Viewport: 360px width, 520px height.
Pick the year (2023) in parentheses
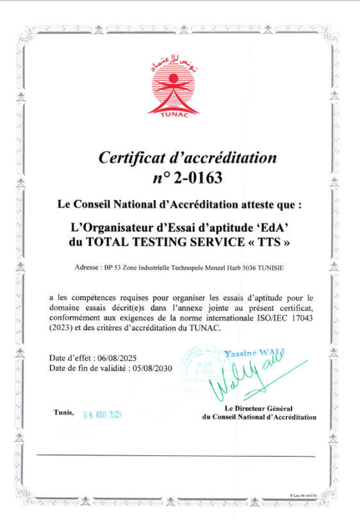click(x=62, y=328)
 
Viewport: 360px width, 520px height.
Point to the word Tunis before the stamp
click(x=65, y=412)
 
